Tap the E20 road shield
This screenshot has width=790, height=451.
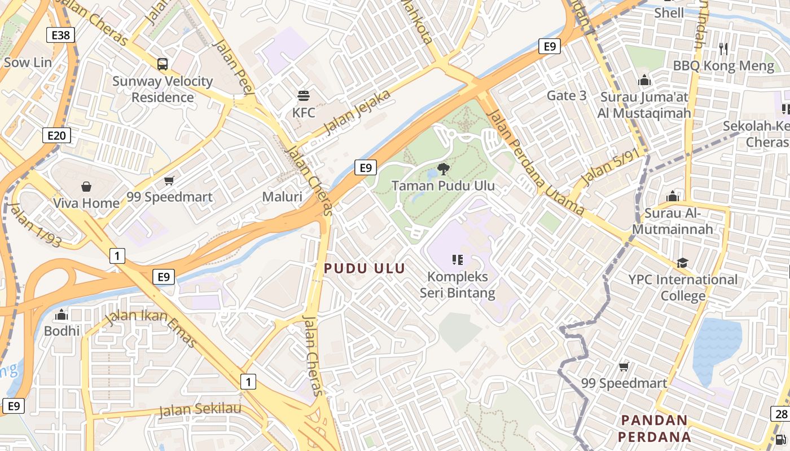coord(56,135)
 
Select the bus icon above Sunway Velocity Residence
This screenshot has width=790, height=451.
coord(163,64)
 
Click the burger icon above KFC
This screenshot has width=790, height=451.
coord(304,96)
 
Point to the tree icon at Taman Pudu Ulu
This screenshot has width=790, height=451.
coord(444,169)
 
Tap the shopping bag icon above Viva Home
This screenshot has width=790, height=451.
coord(86,186)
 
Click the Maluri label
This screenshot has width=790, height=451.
coord(282,197)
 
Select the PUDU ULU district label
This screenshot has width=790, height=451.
coord(365,268)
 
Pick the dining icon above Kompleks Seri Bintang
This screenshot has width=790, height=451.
coord(458,260)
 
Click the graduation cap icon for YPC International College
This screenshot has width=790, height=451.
coord(683,263)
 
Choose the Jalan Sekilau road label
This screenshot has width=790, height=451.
coord(200,409)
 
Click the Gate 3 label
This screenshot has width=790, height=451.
coord(567,96)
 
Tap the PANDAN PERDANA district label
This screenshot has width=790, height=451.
coord(655,428)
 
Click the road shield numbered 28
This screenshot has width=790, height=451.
coord(781,414)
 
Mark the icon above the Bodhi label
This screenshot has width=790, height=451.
coord(62,314)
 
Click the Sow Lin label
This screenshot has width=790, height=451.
coord(28,62)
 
